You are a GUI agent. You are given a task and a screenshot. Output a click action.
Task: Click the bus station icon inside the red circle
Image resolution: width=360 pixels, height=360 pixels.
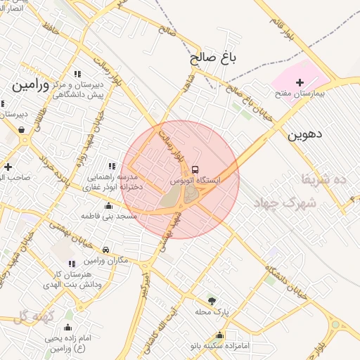tap(195, 169)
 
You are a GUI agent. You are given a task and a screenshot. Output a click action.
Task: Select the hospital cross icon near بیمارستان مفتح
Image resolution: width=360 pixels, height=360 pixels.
tap(300, 83)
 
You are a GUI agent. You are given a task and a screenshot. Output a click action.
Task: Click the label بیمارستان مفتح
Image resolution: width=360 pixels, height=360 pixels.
tap(299, 94)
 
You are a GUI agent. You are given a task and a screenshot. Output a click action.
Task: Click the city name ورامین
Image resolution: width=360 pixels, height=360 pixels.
tap(30, 86)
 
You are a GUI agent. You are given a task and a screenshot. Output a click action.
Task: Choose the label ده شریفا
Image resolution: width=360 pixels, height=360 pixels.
tap(324, 179)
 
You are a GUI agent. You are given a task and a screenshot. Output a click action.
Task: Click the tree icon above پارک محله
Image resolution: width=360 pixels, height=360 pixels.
tap(212, 300)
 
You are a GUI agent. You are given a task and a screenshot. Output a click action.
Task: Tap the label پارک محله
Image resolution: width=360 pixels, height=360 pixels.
tap(212, 311)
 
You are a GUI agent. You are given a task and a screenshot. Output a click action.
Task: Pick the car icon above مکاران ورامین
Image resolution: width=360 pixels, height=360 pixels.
tap(105, 250)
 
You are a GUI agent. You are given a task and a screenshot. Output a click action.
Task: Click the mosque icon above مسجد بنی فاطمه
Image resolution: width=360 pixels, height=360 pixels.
tap(108, 206)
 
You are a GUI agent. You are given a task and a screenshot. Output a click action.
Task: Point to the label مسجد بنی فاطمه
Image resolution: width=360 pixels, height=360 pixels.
tap(108, 217)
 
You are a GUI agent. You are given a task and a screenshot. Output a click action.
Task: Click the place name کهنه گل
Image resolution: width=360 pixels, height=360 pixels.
tap(33, 317)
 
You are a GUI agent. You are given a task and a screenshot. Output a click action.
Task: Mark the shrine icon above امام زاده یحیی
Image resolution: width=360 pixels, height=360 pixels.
tap(67, 327)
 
